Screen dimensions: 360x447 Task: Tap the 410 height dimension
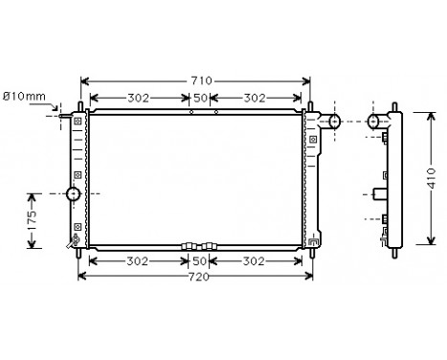[x=431, y=179]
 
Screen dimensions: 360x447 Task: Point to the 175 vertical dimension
[x=31, y=219]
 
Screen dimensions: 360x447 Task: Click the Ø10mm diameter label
[x=24, y=96]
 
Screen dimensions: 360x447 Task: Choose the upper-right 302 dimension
[x=254, y=99]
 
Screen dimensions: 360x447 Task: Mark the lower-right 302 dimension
[x=254, y=260]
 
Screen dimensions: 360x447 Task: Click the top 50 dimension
[x=200, y=99]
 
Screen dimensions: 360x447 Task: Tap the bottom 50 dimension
[x=200, y=260]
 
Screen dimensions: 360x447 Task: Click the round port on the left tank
[x=74, y=196]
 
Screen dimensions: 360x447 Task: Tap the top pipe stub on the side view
[x=376, y=121]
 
